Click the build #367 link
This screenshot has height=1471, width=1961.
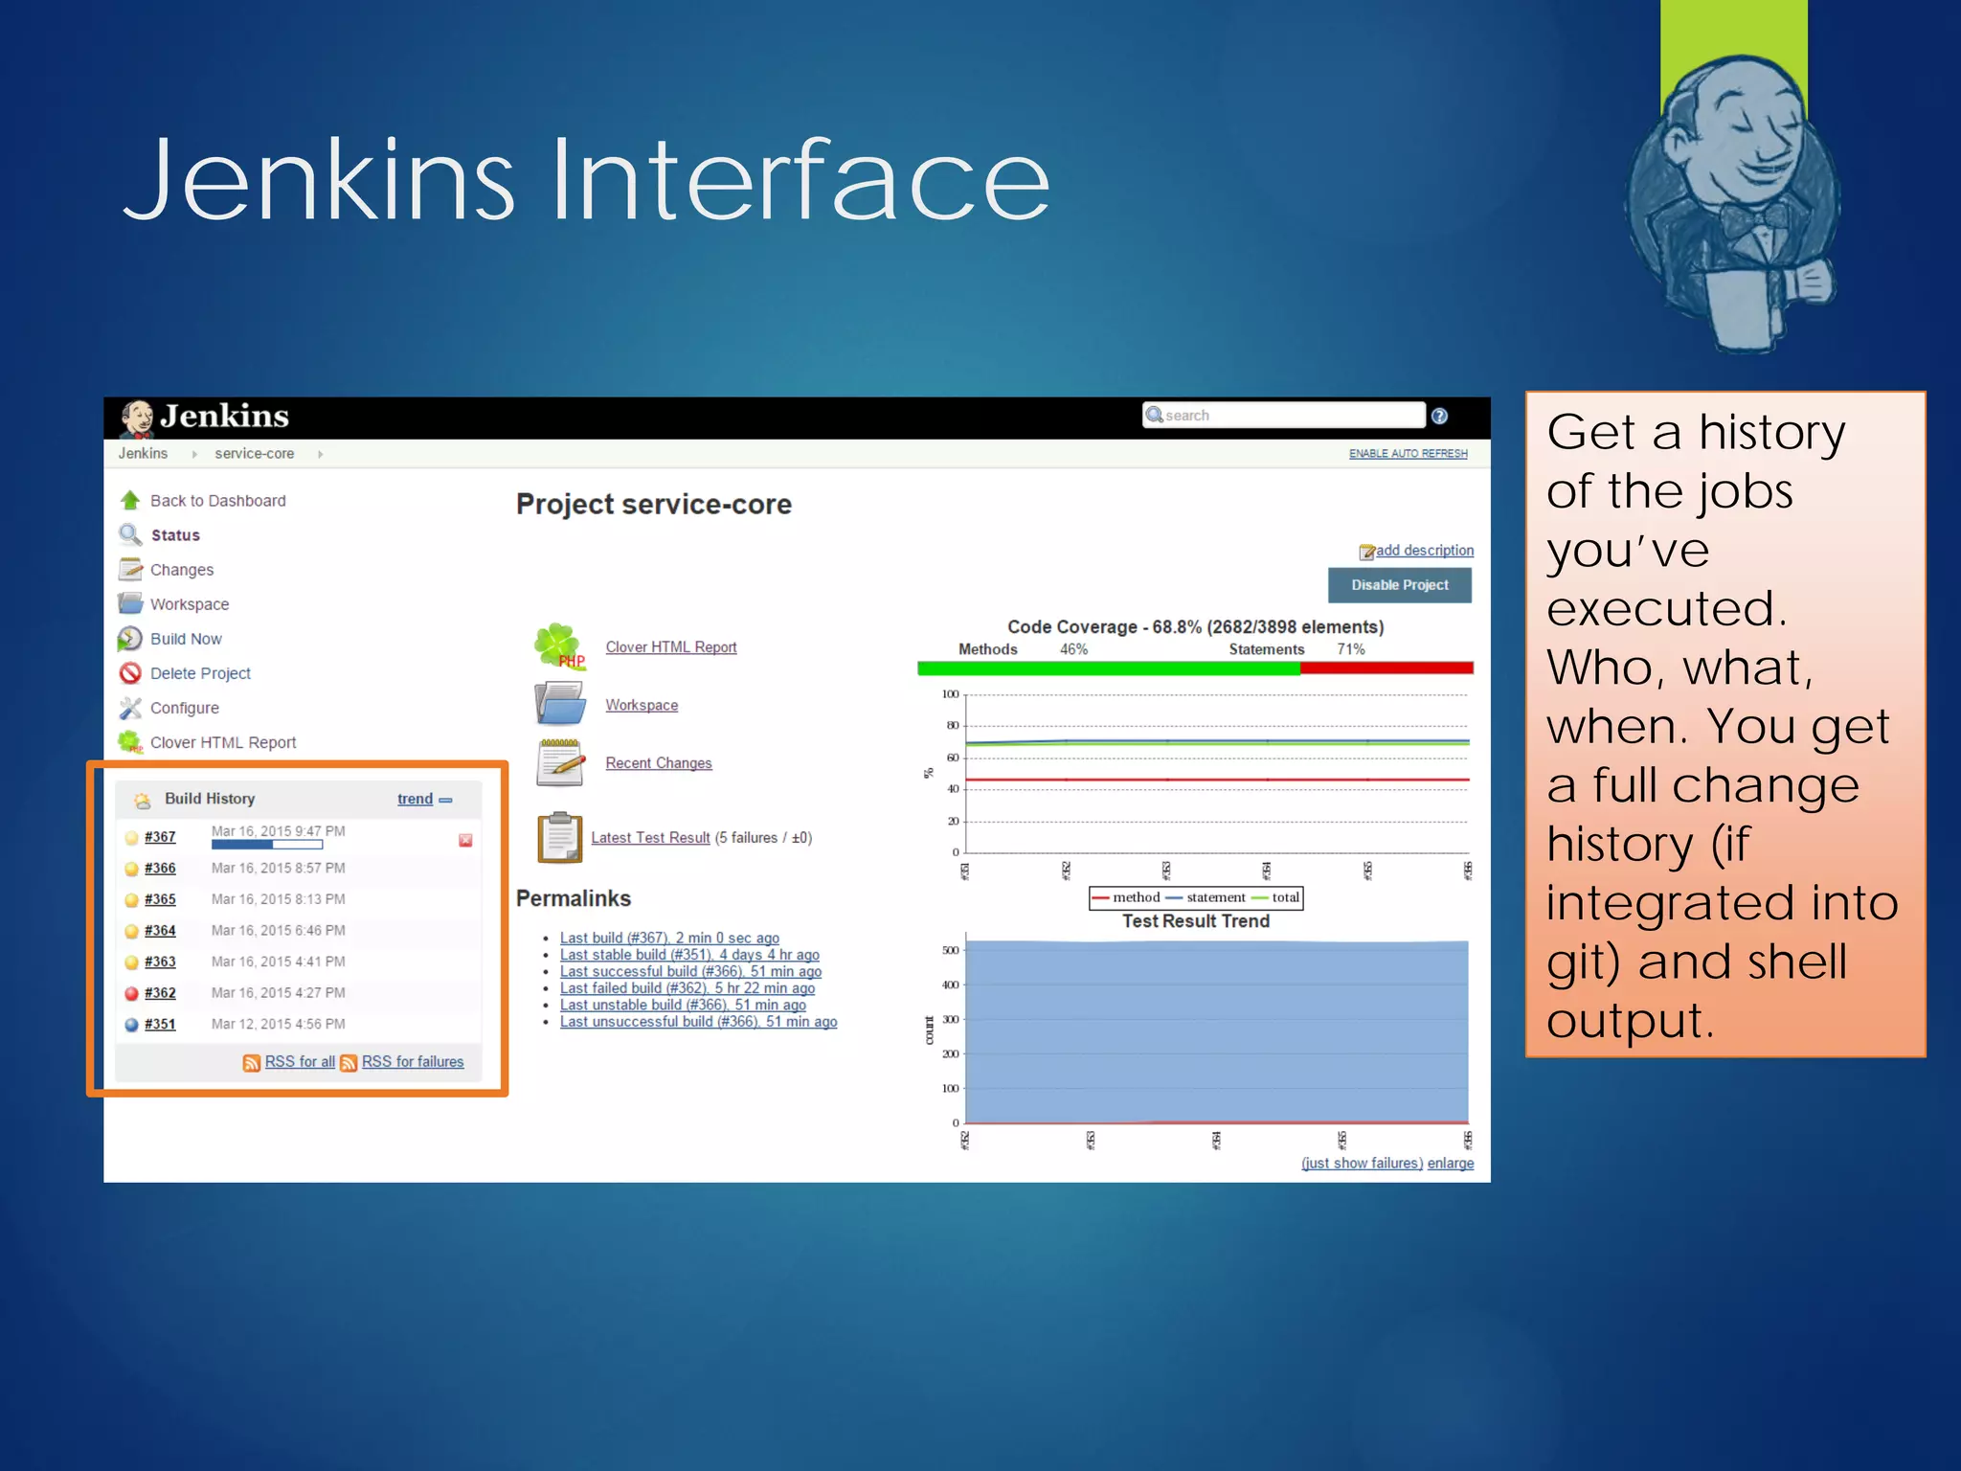coord(160,837)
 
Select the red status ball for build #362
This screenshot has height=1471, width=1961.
coord(132,993)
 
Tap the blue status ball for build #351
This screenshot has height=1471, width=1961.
coord(132,1025)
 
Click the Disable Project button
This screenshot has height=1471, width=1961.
coord(1399,585)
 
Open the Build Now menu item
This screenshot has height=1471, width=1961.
coord(186,639)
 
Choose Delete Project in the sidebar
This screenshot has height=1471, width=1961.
coord(200,673)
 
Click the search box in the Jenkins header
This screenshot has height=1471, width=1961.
coord(1283,415)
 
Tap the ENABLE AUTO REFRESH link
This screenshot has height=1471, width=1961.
coord(1408,454)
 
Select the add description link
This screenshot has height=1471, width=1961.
coord(1424,551)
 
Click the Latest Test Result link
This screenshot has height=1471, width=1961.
coord(650,838)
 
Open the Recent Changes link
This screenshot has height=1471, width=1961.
coord(659,763)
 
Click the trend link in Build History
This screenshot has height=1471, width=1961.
coord(415,799)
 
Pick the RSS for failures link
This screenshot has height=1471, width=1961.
coord(412,1062)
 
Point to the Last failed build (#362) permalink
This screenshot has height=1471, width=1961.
coord(687,988)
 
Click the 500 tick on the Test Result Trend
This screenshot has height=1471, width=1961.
coord(950,951)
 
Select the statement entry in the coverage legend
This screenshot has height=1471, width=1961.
coord(1215,897)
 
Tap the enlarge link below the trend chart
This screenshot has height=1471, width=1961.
coord(1450,1164)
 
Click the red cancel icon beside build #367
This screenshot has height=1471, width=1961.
coord(465,841)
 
